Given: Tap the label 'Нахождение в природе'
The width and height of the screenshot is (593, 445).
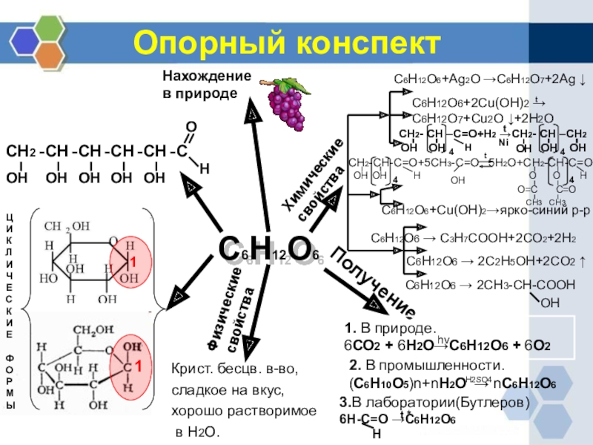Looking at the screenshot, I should click(x=207, y=85).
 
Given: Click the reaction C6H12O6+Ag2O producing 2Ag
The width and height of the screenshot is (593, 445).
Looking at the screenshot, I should click(x=489, y=79).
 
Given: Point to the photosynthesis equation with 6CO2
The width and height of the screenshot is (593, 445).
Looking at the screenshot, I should click(x=447, y=346).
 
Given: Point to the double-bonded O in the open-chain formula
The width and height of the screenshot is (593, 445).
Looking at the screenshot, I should click(x=191, y=128).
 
